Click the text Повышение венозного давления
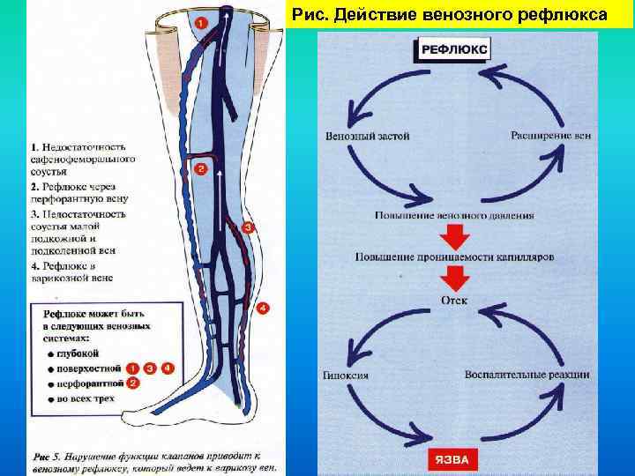tap(453, 216)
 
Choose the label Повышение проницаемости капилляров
tap(455, 257)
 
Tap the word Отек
tap(454, 301)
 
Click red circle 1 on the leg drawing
tap(202, 23)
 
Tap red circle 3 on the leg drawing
tap(248, 228)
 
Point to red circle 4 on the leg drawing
tap(263, 309)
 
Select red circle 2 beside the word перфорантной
tap(133, 383)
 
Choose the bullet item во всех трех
tap(86, 399)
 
